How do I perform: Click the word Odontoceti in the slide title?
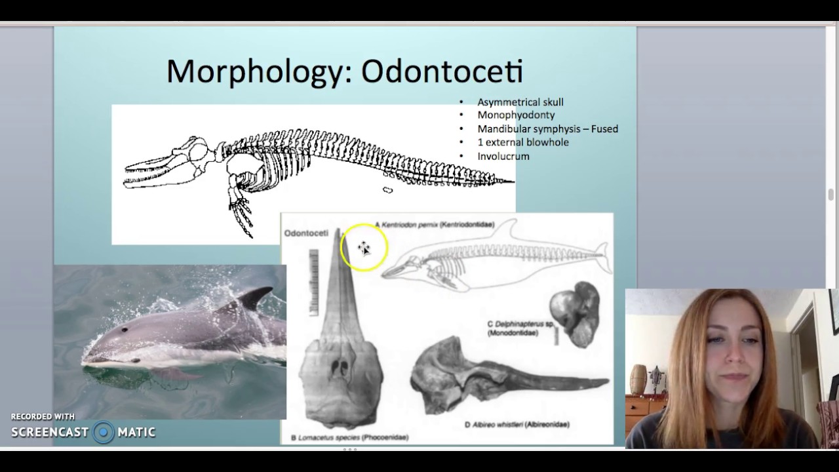click(442, 71)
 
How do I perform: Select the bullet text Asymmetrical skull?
click(520, 102)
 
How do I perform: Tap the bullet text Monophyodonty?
click(515, 115)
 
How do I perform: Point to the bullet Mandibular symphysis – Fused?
click(547, 129)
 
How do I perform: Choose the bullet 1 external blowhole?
click(522, 142)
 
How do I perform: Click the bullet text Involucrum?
click(503, 157)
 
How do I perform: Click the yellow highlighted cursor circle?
click(364, 248)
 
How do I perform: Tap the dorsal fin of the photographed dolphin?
click(252, 299)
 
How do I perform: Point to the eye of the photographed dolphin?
click(137, 360)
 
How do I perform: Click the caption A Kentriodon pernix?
click(434, 225)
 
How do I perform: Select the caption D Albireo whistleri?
click(517, 425)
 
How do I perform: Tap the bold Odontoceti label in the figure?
click(306, 233)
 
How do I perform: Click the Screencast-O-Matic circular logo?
click(104, 432)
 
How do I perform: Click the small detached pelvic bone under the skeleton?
click(387, 190)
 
